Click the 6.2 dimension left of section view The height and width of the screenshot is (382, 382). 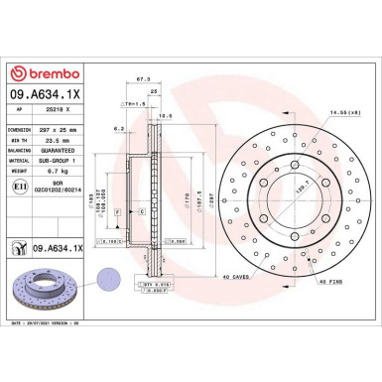(x=118, y=129)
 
